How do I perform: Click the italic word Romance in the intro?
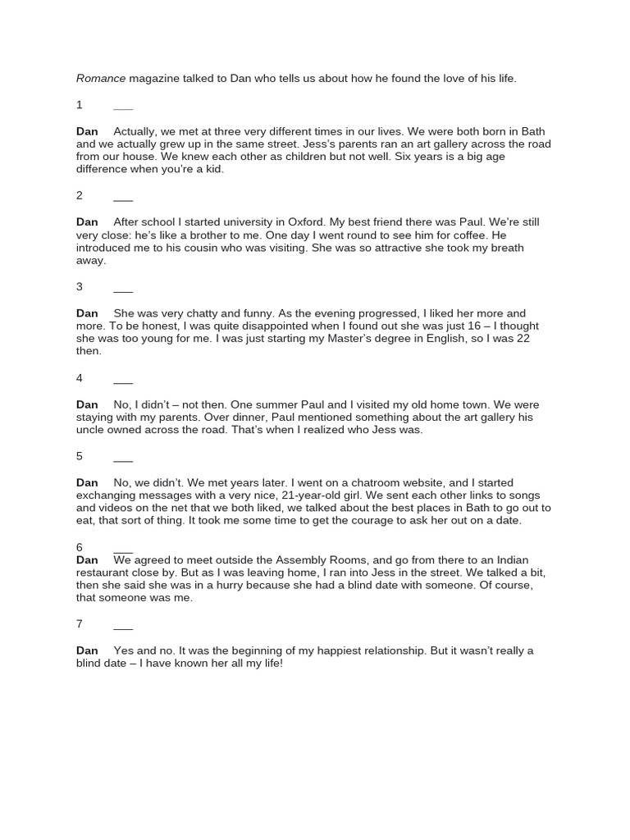[x=101, y=79]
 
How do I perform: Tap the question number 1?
[x=80, y=105]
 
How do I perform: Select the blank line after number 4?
[x=123, y=381]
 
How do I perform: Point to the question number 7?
[x=80, y=624]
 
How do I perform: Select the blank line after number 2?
[x=123, y=199]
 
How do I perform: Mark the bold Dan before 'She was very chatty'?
[x=87, y=313]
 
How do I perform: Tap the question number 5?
[x=80, y=456]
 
